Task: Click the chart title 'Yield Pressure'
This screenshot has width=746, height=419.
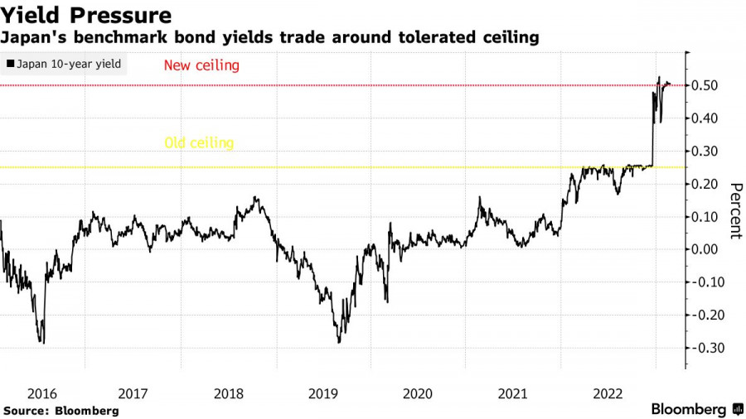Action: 86,16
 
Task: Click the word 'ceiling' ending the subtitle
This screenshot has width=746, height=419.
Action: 511,37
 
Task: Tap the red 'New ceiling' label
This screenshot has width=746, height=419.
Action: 201,65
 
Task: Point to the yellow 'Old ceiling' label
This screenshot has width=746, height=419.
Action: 199,142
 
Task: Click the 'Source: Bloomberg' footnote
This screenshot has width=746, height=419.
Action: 61,410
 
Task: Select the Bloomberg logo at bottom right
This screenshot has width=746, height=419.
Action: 697,409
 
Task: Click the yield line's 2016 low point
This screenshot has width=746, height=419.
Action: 42,342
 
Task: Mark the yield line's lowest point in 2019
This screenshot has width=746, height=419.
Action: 338,342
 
